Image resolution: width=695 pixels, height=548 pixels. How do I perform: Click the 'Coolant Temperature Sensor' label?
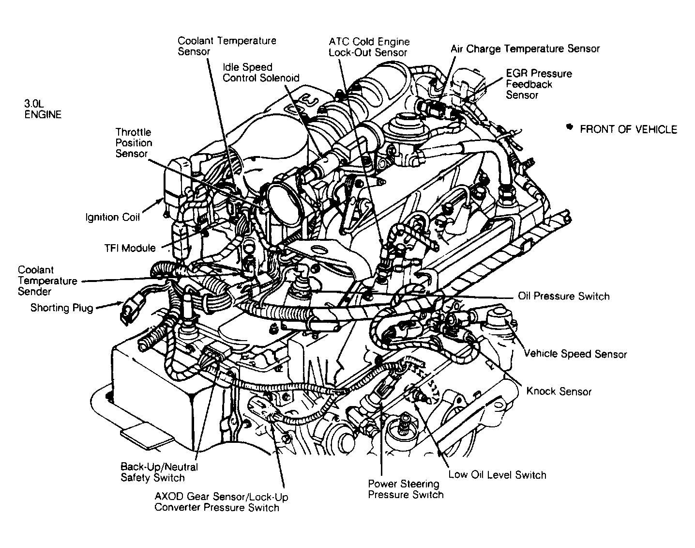coord(227,46)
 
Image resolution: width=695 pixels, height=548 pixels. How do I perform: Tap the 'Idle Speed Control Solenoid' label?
coord(261,73)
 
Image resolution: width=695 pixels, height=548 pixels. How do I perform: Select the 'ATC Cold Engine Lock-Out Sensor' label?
coord(369,47)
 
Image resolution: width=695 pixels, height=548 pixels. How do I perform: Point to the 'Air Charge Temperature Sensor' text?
coord(525,49)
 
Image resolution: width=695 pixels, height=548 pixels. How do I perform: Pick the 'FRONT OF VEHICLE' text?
coord(628,129)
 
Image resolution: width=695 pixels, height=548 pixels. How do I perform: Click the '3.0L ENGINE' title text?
coord(43,109)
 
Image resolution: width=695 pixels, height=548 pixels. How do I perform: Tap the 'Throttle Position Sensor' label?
coord(134,143)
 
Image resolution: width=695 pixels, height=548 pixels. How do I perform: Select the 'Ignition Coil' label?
coord(112,217)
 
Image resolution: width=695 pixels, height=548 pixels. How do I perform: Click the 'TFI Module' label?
coord(130,248)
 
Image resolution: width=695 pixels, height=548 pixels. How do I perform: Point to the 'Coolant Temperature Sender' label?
coord(47,281)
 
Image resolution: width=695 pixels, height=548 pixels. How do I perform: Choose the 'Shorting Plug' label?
coord(61,308)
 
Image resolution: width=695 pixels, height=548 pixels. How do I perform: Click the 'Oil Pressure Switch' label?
coord(563,296)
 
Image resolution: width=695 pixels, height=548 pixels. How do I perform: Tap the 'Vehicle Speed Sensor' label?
coord(575,354)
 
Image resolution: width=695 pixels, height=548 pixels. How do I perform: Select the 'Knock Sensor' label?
coord(559,391)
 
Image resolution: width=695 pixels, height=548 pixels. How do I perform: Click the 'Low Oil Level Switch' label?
coord(497,475)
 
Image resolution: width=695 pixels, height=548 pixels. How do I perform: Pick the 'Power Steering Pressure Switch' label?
coord(405,489)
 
